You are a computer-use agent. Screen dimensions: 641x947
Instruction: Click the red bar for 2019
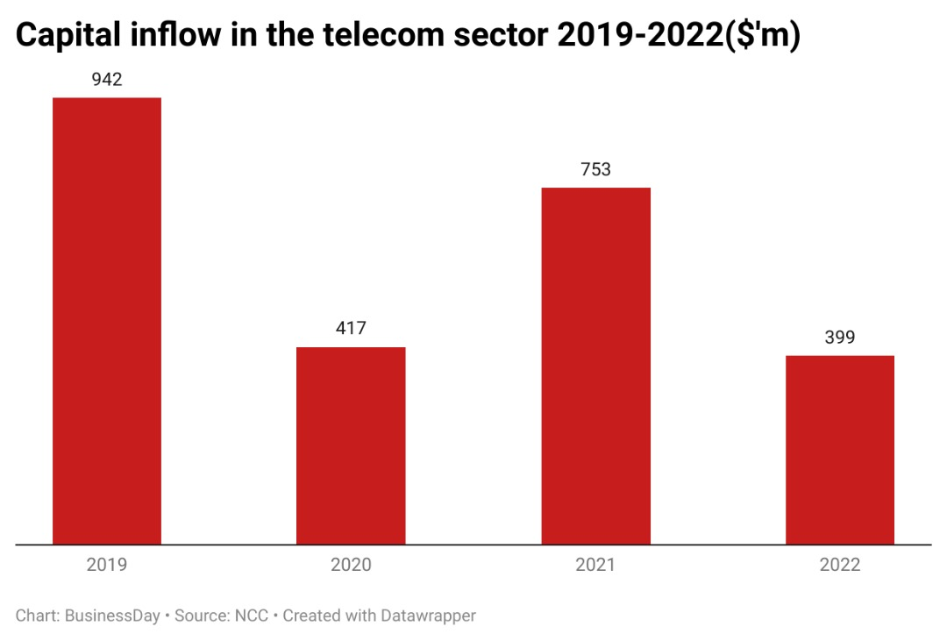pyautogui.click(x=107, y=321)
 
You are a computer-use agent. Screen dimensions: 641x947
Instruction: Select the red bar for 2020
pyautogui.click(x=351, y=445)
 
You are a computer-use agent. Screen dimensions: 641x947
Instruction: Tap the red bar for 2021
pyautogui.click(x=595, y=366)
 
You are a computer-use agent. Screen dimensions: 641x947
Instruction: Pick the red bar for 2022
pyautogui.click(x=839, y=450)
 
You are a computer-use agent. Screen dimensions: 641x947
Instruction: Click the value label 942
pyautogui.click(x=107, y=81)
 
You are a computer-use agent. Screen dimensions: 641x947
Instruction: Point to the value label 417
pyautogui.click(x=351, y=329)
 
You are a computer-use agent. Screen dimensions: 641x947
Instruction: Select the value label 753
pyautogui.click(x=595, y=169)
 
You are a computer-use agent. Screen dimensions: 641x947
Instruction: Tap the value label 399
pyautogui.click(x=839, y=338)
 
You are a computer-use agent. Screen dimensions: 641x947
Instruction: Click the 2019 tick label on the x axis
pyautogui.click(x=107, y=565)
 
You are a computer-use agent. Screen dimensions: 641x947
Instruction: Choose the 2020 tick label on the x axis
pyautogui.click(x=351, y=565)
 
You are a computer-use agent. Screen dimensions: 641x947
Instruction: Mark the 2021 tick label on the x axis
pyautogui.click(x=595, y=565)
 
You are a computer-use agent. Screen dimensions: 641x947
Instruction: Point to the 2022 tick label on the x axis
pyautogui.click(x=839, y=565)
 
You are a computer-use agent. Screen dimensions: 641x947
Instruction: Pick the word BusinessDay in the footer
pyautogui.click(x=112, y=616)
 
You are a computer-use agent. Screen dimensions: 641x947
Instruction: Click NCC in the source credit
pyautogui.click(x=251, y=616)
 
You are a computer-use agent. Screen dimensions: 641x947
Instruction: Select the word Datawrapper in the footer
pyautogui.click(x=428, y=616)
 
